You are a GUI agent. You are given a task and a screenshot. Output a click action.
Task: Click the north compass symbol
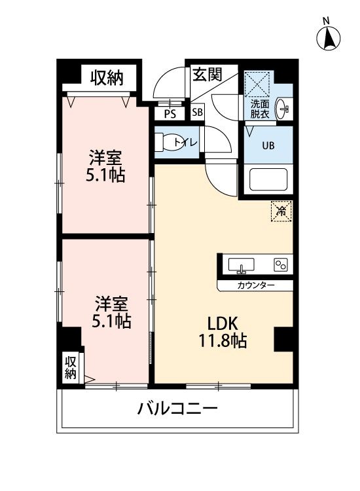[329, 38]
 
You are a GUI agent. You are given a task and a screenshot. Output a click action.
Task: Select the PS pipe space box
[170, 113]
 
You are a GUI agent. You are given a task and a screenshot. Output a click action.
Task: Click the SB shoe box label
[197, 113]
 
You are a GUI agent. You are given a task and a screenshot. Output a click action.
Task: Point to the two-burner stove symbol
[280, 265]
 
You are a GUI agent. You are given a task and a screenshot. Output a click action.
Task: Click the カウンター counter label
[255, 286]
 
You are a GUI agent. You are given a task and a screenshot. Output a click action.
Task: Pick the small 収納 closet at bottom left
[71, 367]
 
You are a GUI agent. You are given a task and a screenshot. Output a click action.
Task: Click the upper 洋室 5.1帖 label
[107, 166]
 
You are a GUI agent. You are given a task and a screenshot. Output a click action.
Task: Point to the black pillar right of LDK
[284, 338]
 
